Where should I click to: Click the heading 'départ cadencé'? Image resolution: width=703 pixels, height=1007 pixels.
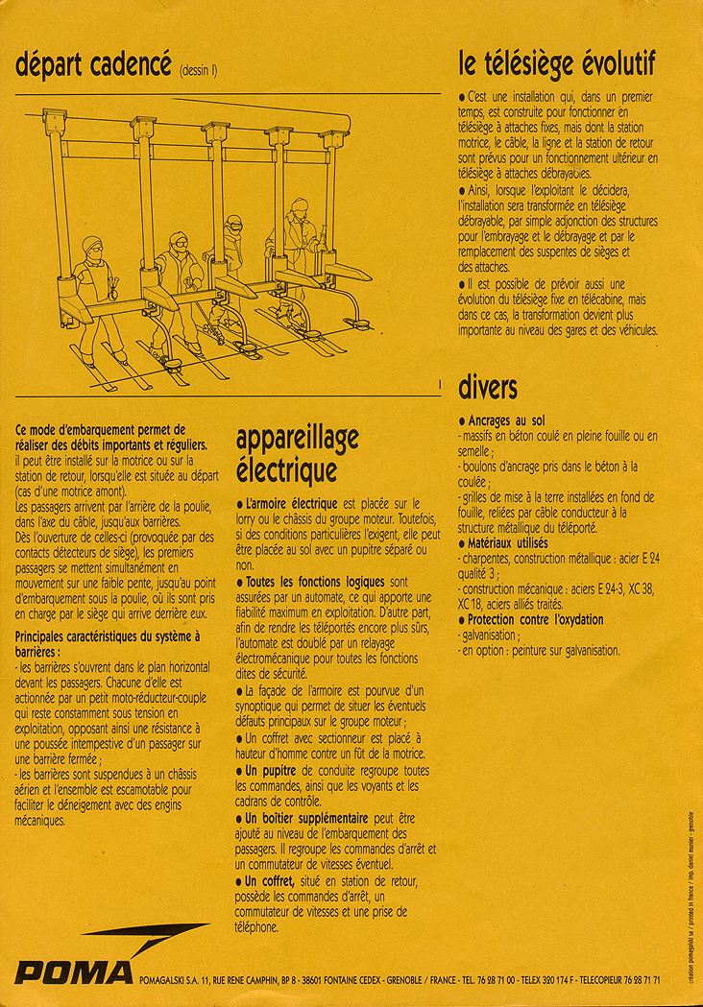[x=93, y=65]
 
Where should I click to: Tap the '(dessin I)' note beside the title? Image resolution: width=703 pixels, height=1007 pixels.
[x=199, y=69]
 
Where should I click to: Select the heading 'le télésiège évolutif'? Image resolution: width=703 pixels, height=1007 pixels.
[x=557, y=64]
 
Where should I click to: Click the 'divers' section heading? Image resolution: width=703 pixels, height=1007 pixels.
[x=488, y=388]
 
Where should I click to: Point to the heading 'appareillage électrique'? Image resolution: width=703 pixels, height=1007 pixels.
[x=297, y=455]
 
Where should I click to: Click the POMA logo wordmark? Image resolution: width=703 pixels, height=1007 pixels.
[x=74, y=974]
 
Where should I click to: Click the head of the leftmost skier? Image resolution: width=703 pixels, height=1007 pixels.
[x=91, y=247]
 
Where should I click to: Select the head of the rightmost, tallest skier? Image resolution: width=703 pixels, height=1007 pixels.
[x=299, y=207]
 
